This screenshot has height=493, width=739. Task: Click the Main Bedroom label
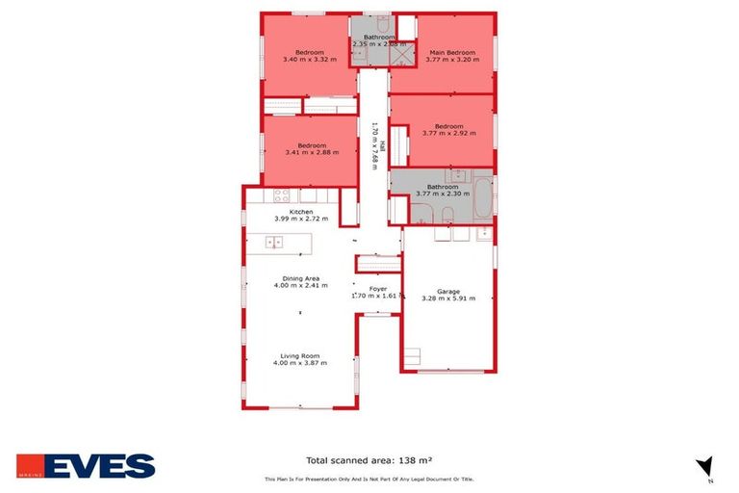(x=451, y=52)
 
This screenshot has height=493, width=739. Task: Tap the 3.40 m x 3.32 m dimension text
(x=309, y=60)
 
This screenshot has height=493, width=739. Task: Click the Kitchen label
(x=301, y=212)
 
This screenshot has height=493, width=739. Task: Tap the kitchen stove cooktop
(x=283, y=195)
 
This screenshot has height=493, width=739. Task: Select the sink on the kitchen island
(x=273, y=242)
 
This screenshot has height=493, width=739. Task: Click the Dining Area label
(x=300, y=278)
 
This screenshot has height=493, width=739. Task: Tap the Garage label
(x=448, y=291)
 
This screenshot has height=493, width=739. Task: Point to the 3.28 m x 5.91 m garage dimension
(x=448, y=298)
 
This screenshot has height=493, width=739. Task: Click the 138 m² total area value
(x=426, y=461)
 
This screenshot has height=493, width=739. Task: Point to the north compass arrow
(x=704, y=466)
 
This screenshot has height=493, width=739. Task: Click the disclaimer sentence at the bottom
(x=369, y=480)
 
